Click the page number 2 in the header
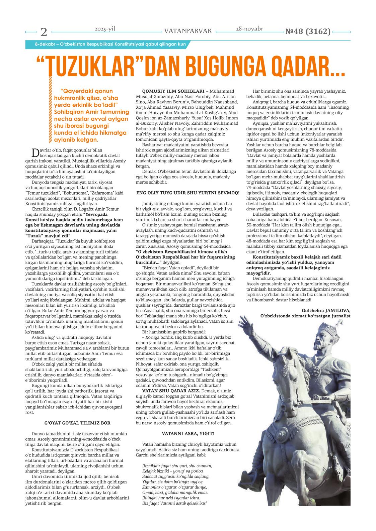pos(44,32)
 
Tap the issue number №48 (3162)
pos(307,31)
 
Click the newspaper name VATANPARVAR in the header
pos(188,31)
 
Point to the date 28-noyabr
pos(249,29)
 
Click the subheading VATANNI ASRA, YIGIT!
pos(188,433)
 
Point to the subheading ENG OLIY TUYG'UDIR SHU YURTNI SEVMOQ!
pos(188,192)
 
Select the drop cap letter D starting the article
pos(34,152)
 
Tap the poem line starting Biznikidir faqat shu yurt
pos(177,465)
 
